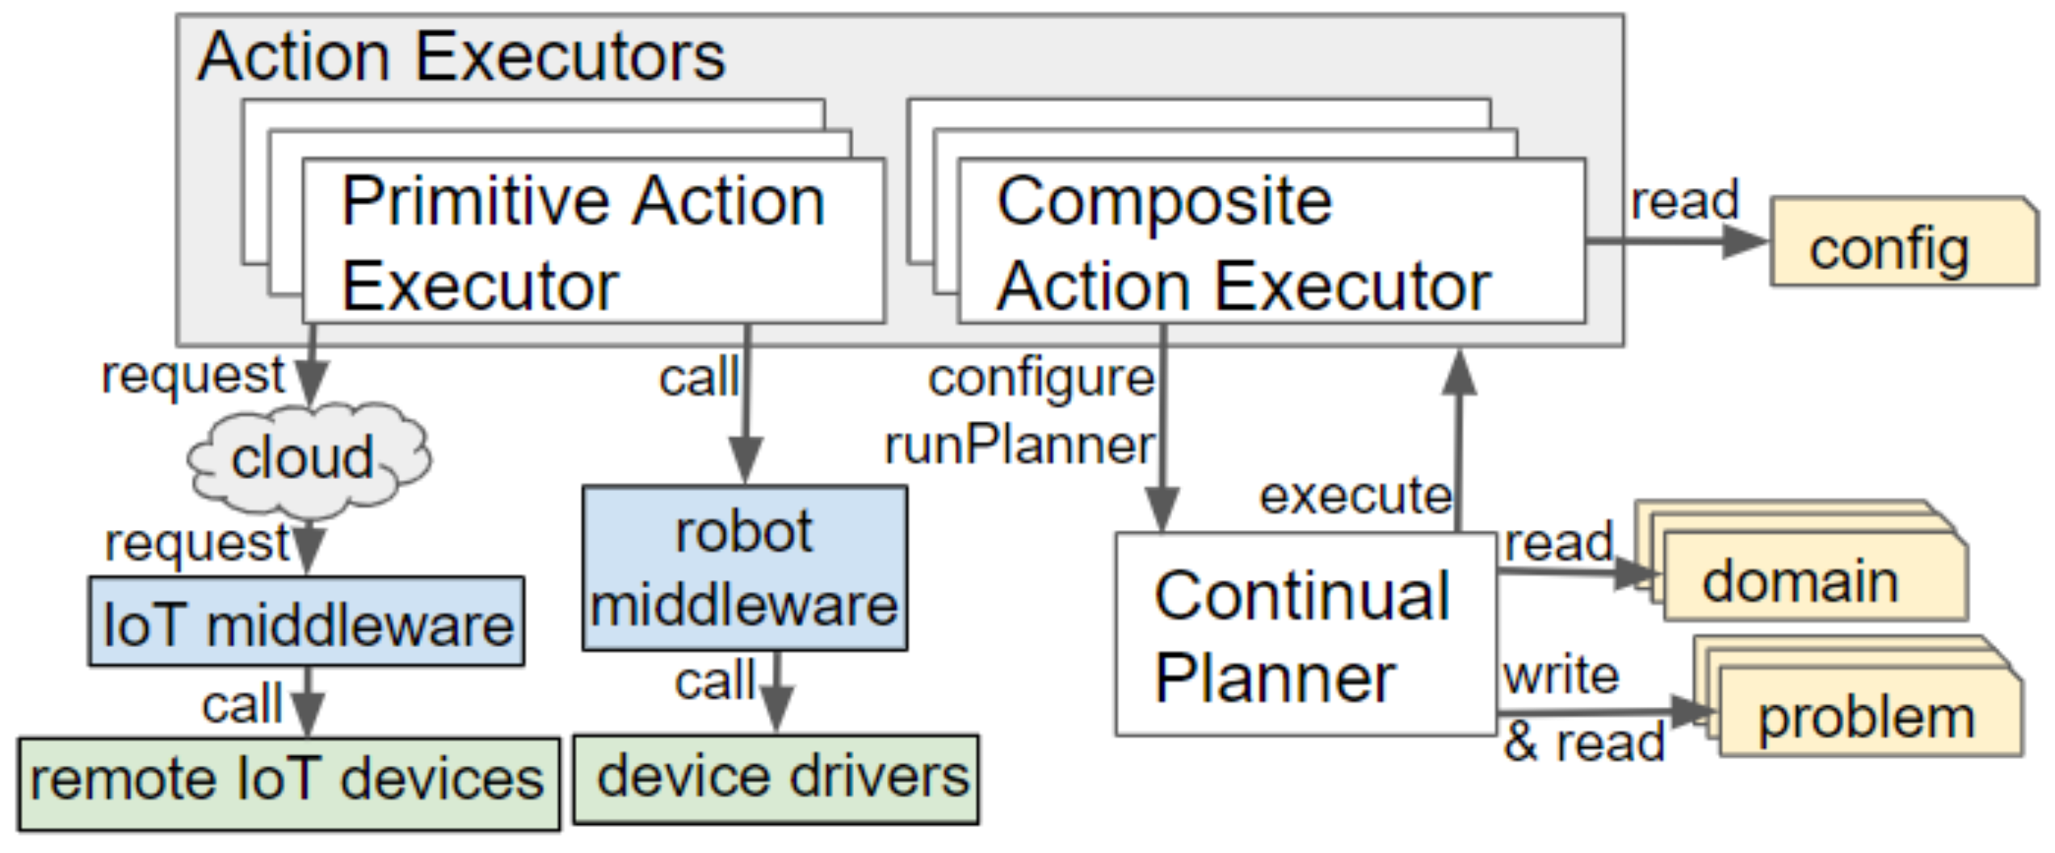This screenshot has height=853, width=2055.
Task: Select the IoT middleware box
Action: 307,623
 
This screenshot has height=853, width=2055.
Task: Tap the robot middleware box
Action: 744,569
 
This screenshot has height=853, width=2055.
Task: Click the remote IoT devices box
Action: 288,783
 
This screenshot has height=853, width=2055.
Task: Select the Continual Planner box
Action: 1304,635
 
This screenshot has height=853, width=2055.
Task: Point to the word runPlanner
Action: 1019,446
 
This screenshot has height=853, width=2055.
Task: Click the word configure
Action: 1040,378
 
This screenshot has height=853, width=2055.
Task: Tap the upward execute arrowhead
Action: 1459,373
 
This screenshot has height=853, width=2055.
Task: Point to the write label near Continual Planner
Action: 1561,675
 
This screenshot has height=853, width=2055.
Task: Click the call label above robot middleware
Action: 698,378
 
